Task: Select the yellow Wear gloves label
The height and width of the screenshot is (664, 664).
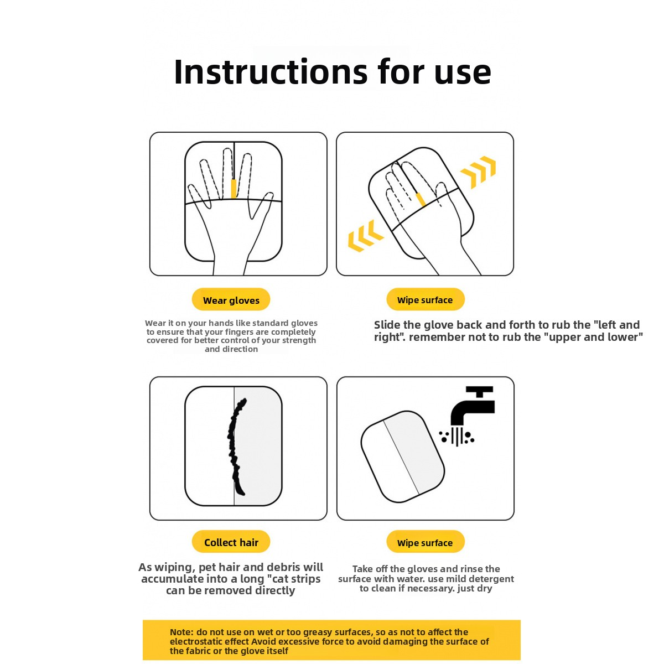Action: coord(231,300)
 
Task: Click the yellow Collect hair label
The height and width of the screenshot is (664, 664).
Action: coord(231,542)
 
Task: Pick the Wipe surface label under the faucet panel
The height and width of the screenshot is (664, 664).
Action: coord(425,542)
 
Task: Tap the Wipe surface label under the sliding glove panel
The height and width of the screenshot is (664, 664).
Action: coord(425,299)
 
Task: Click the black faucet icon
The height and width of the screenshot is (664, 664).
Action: coord(473,406)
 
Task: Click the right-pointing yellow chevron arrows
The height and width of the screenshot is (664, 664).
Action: coord(478,172)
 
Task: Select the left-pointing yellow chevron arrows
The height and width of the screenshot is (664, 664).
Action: coord(366,236)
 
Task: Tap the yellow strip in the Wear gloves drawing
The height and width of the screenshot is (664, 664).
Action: coord(234,189)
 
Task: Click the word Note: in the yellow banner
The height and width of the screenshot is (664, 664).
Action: coord(181,632)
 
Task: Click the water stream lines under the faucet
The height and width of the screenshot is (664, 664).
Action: coord(457,436)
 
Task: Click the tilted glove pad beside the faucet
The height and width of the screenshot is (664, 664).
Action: coord(402,456)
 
